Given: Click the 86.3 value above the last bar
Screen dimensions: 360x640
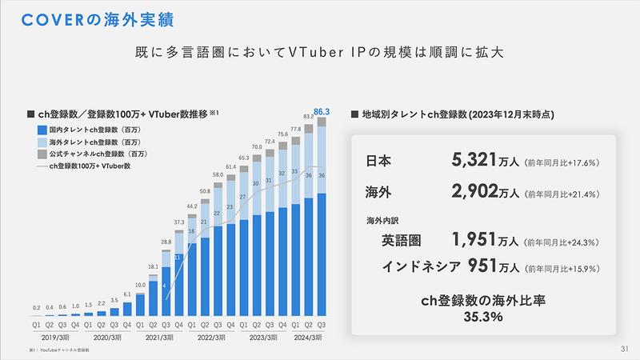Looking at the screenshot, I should pyautogui.click(x=323, y=113).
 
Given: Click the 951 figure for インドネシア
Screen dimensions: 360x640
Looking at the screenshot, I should pyautogui.click(x=484, y=266).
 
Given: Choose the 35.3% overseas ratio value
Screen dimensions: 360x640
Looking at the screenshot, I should pyautogui.click(x=482, y=318).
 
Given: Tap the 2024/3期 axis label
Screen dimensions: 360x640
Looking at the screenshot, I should pyautogui.click(x=308, y=338).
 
